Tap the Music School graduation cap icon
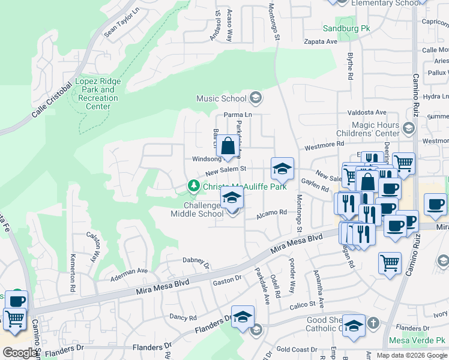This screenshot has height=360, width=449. (256, 98)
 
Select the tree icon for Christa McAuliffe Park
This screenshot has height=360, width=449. (193, 186)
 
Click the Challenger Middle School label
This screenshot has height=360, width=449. (197, 209)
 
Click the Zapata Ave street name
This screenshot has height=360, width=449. (320, 42)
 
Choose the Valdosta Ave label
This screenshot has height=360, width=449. (367, 112)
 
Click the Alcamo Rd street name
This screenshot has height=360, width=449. (272, 212)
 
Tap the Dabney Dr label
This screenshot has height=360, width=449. (196, 262)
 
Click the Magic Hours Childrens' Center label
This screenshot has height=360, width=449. (376, 129)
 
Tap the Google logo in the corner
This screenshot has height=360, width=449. (20, 353)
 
